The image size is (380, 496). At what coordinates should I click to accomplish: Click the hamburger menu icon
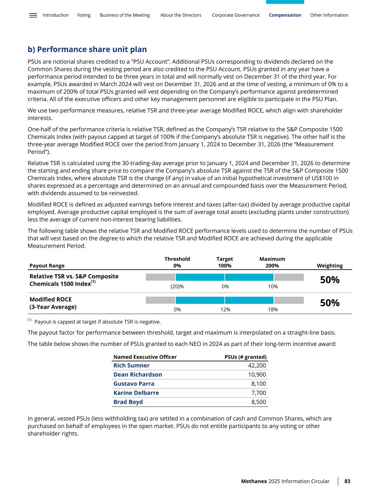click(33, 15)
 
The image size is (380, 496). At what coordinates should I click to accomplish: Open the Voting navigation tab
click(84, 15)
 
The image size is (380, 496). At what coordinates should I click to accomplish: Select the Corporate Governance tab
click(236, 15)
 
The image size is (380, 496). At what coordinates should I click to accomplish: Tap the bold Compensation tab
click(285, 15)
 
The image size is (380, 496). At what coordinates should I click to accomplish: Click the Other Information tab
click(329, 15)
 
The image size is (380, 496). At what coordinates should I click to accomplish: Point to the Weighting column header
click(330, 266)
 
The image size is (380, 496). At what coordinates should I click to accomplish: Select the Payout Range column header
click(47, 266)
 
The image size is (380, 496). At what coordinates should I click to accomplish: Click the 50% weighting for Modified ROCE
click(330, 303)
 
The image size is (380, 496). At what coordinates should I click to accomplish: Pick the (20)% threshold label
click(177, 286)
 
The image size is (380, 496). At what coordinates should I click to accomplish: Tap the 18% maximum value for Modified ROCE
click(273, 310)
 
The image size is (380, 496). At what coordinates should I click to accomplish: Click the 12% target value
click(225, 310)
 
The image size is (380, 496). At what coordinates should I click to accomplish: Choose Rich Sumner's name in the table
click(131, 366)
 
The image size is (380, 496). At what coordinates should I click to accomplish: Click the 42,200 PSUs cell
click(257, 366)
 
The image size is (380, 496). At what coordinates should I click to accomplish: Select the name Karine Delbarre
click(136, 393)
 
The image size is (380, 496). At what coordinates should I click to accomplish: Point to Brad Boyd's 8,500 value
click(259, 402)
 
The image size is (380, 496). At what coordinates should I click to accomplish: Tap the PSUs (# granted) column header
click(245, 357)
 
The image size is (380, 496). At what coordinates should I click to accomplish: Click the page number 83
click(347, 481)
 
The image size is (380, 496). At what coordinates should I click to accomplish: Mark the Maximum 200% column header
click(272, 262)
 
